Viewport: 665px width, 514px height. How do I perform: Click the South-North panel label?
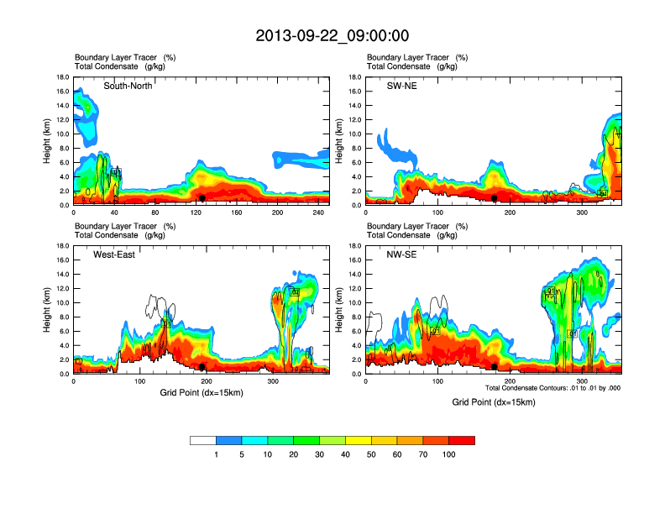coord(128,86)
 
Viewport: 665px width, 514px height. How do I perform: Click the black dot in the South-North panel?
coord(202,198)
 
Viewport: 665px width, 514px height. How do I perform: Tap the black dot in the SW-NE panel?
coord(494,198)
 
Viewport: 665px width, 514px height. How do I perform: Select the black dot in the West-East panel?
coord(202,367)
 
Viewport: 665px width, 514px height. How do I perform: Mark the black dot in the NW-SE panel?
coord(494,367)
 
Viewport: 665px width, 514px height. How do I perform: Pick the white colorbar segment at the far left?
coord(203,440)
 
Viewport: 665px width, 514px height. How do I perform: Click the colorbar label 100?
coord(449,454)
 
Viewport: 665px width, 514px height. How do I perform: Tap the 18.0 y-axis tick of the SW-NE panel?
coord(354,77)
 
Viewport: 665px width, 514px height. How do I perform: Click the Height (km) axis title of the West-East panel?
coord(50,310)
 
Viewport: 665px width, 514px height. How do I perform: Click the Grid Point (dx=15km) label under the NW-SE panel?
coord(494,402)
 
